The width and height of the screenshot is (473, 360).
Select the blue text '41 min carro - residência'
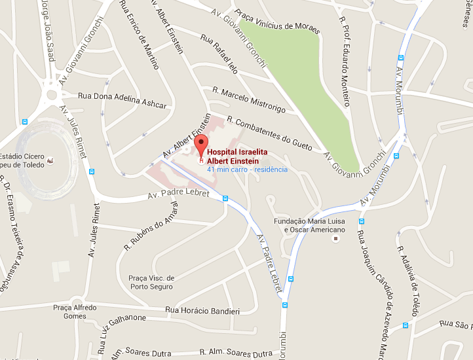(247, 170)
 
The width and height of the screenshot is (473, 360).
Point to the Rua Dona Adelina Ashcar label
(123, 100)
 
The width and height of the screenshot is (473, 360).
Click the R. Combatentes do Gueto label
(274, 134)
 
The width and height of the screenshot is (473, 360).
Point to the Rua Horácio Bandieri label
(202, 310)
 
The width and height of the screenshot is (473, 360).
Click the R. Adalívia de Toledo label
(407, 279)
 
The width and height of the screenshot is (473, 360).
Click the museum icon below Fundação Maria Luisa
(337, 239)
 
